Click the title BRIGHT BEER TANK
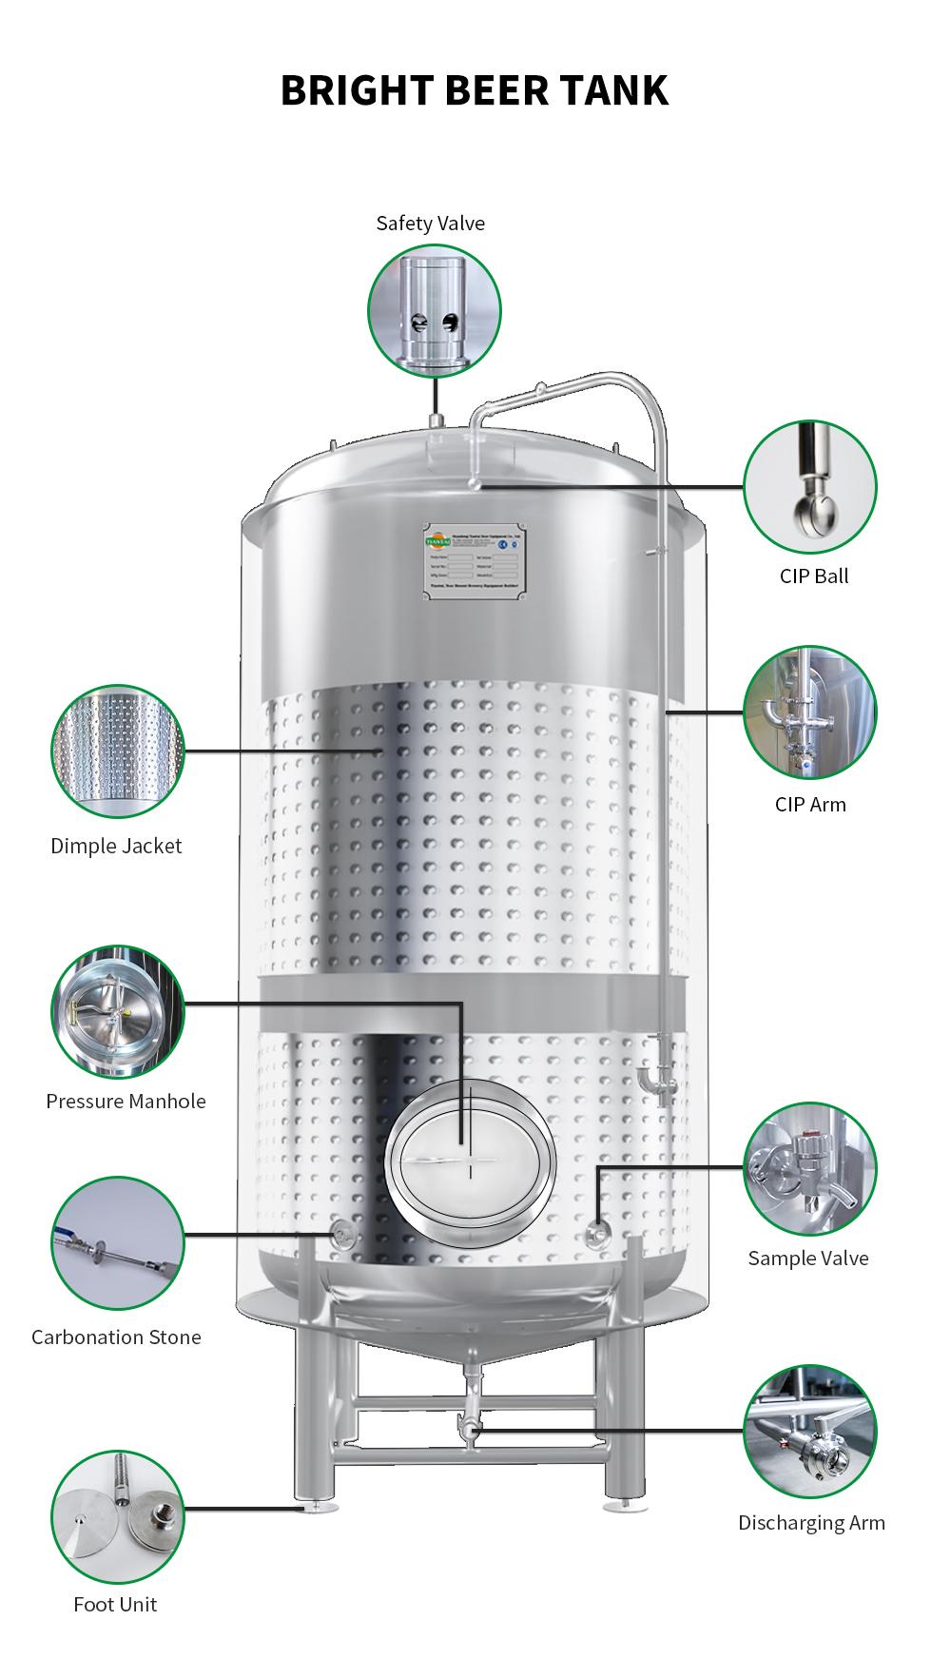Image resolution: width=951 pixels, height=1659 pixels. [x=475, y=91]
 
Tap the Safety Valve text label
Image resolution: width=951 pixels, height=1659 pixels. [x=430, y=224]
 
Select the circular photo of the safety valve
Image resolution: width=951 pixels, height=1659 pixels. [x=435, y=310]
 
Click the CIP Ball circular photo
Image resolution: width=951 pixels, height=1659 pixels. [x=809, y=486]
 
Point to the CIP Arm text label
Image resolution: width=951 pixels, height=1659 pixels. [x=809, y=805]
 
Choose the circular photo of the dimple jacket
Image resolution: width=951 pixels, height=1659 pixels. [x=117, y=751]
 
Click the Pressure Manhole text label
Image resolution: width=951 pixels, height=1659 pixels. [x=126, y=1102]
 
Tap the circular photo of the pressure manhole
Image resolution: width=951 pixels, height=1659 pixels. [x=117, y=1011]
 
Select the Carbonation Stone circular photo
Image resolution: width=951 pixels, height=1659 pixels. [x=117, y=1242]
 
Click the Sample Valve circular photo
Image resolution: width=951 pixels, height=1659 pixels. [x=809, y=1169]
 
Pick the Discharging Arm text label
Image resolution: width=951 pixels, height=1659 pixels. [x=811, y=1523]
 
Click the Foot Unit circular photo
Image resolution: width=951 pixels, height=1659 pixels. [x=117, y=1517]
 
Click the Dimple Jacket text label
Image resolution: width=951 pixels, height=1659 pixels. [x=116, y=847]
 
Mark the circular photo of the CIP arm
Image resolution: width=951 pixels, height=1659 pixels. [x=809, y=712]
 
